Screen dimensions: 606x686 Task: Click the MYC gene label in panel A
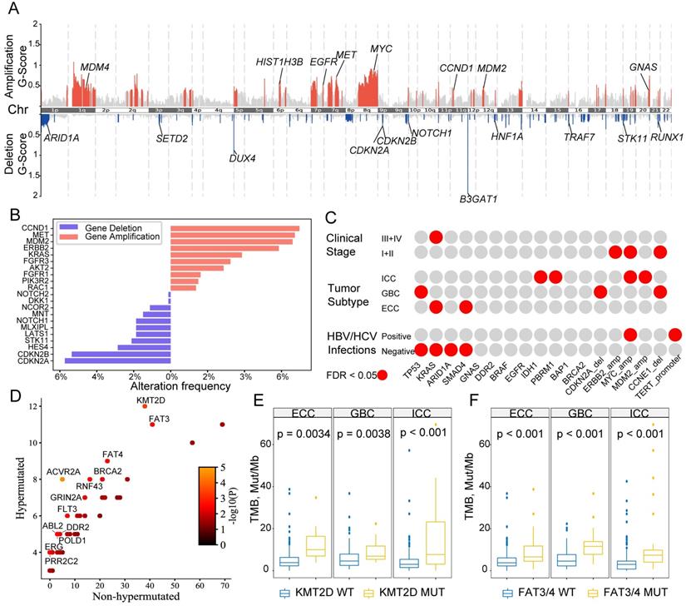click(x=382, y=49)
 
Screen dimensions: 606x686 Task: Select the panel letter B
click(x=13, y=215)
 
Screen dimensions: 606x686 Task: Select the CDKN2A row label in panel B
click(x=38, y=361)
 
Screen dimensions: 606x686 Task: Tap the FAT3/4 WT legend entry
click(x=540, y=593)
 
